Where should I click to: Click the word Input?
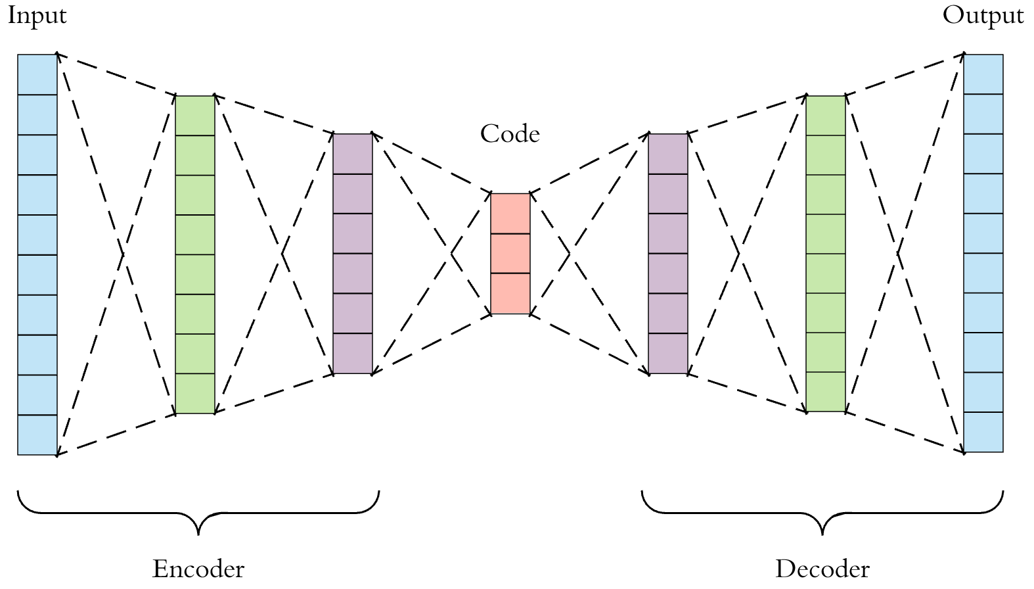pyautogui.click(x=37, y=16)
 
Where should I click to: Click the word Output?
pyautogui.click(x=983, y=16)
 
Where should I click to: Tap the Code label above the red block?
pyautogui.click(x=510, y=134)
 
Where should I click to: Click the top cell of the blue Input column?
pyautogui.click(x=37, y=75)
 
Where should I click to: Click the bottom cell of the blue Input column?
pyautogui.click(x=37, y=435)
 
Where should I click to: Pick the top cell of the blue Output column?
pyautogui.click(x=983, y=74)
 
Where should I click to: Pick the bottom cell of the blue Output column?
pyautogui.click(x=983, y=432)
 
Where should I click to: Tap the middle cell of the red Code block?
pyautogui.click(x=510, y=253)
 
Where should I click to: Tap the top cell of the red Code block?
pyautogui.click(x=510, y=214)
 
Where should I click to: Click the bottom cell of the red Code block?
pyautogui.click(x=510, y=293)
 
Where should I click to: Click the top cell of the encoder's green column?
pyautogui.click(x=195, y=116)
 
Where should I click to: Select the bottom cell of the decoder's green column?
pyautogui.click(x=826, y=392)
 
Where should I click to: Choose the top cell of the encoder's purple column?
pyautogui.click(x=353, y=154)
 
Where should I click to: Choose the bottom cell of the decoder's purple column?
pyautogui.click(x=668, y=354)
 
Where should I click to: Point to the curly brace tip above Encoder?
pyautogui.click(x=198, y=532)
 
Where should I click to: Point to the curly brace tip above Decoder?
pyautogui.click(x=822, y=532)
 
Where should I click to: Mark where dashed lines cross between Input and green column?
pyautogui.click(x=123, y=254)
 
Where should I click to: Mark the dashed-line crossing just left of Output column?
pyautogui.click(x=898, y=253)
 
